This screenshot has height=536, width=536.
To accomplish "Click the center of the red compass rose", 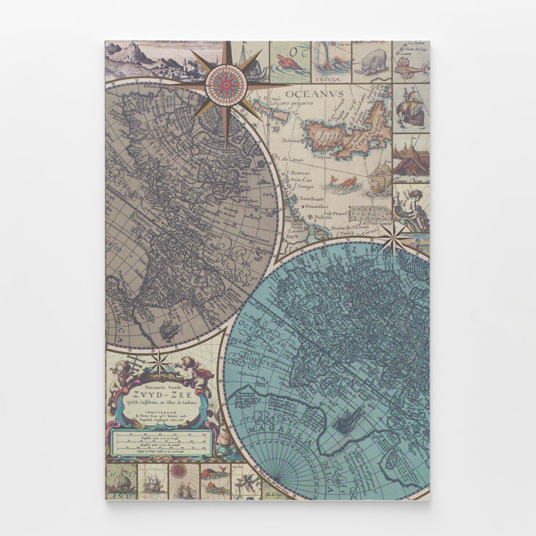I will (227, 85).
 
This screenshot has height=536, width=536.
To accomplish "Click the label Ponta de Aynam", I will (351, 227).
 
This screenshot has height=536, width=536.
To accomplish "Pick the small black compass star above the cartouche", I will (159, 361).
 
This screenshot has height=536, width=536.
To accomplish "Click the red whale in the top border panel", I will (290, 58).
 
